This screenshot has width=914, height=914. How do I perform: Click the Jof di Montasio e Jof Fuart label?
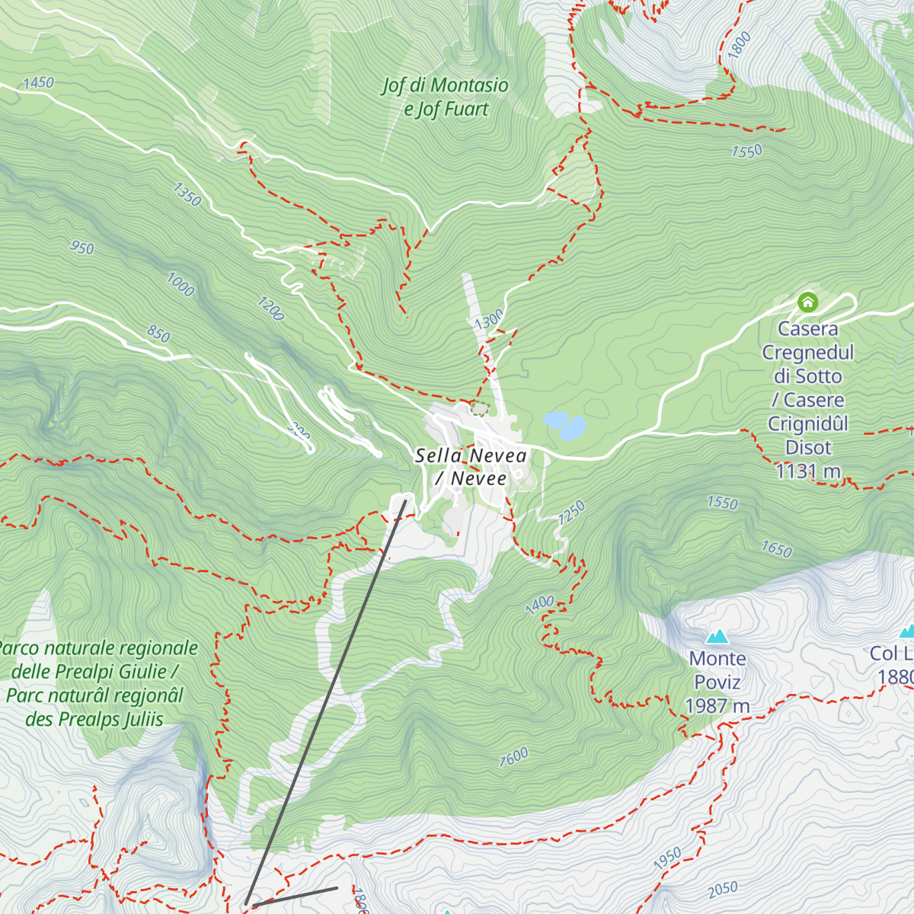(446, 97)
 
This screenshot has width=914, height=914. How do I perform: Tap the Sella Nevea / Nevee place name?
(471, 467)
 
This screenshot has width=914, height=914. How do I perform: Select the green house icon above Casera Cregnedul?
(807, 302)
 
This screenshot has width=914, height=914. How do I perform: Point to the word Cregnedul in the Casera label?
(808, 353)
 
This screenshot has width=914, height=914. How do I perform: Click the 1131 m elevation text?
(807, 471)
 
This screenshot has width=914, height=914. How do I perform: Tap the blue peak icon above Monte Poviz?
(716, 636)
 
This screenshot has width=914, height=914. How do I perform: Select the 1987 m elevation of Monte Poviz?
(717, 706)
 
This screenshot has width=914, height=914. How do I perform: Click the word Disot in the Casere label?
(808, 448)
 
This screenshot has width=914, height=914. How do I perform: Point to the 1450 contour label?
(38, 82)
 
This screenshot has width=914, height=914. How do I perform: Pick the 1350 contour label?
(187, 194)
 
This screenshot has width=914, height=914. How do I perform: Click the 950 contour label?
(81, 248)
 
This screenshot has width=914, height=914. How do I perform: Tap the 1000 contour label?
(181, 285)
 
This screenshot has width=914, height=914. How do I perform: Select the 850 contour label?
(158, 334)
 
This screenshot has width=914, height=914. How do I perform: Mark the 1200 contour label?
(270, 309)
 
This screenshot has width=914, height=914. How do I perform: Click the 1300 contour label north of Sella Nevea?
(488, 319)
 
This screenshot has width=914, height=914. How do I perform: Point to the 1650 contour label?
(776, 549)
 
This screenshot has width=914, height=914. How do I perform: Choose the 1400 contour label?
(539, 605)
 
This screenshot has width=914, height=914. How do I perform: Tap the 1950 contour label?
(667, 858)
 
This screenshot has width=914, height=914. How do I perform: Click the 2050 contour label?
(722, 889)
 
